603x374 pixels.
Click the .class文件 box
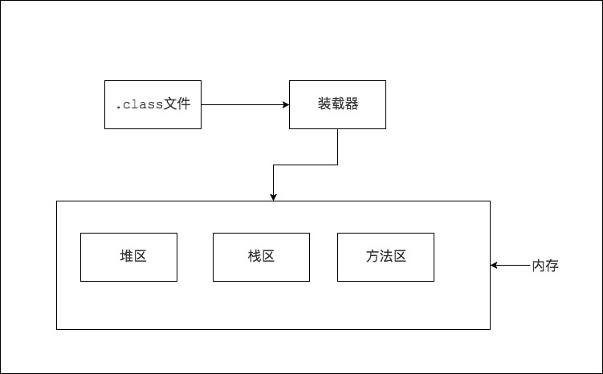[153, 104]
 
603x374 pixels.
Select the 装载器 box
[337, 104]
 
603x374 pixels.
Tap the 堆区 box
[128, 257]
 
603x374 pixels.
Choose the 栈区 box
[261, 257]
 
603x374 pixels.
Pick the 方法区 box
[385, 257]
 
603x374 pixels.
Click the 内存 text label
[545, 266]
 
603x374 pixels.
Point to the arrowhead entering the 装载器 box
[285, 104]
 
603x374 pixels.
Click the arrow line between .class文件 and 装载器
[241, 104]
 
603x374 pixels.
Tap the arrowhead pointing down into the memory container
[274, 197]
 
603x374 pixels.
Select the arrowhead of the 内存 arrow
[495, 265]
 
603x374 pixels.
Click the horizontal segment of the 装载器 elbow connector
[305, 165]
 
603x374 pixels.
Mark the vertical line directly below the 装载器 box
[337, 146]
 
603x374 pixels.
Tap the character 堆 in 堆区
[127, 257]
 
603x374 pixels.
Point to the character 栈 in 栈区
[255, 257]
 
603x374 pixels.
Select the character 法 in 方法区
[385, 257]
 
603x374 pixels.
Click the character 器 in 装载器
[351, 104]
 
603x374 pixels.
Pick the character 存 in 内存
[552, 266]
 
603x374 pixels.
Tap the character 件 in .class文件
[184, 104]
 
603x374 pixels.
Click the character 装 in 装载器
[324, 104]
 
